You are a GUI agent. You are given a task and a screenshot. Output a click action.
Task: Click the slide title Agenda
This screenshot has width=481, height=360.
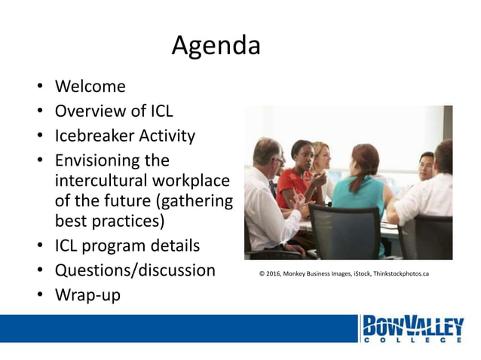[x=216, y=47]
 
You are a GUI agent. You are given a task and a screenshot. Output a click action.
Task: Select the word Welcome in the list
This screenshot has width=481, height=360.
[x=90, y=87]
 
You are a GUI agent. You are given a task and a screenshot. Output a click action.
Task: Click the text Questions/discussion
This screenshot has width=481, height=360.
[x=135, y=270]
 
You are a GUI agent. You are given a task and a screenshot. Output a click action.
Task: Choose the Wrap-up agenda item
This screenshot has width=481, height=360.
[x=87, y=294]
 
